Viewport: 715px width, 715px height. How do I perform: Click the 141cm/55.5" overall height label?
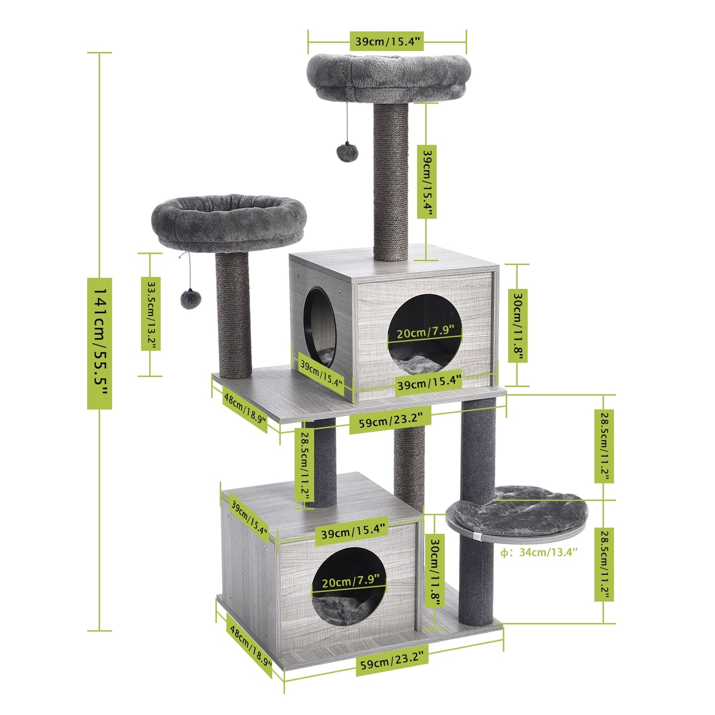[x=99, y=343]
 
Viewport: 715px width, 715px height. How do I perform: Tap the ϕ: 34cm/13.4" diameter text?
[x=538, y=552]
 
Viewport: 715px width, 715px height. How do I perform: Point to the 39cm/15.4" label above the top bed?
[x=387, y=42]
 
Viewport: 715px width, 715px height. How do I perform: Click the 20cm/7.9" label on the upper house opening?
[x=425, y=332]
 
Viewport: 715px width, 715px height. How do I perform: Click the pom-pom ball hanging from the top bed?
[x=347, y=152]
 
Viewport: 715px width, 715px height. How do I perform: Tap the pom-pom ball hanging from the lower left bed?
[x=190, y=299]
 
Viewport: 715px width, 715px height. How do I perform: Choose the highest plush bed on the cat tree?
[x=388, y=77]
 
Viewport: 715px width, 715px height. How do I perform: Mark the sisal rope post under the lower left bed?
[x=233, y=317]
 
